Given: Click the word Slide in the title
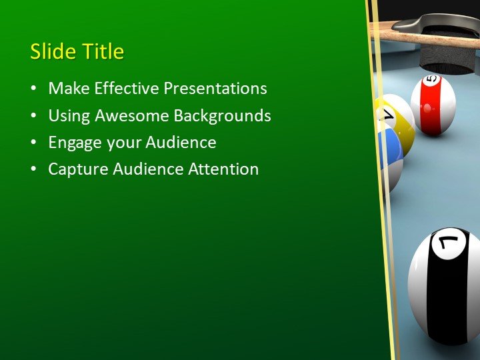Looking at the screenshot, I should click(x=53, y=52).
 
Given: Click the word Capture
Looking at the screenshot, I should click(x=77, y=169).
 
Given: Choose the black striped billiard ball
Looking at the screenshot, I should click(x=445, y=287).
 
